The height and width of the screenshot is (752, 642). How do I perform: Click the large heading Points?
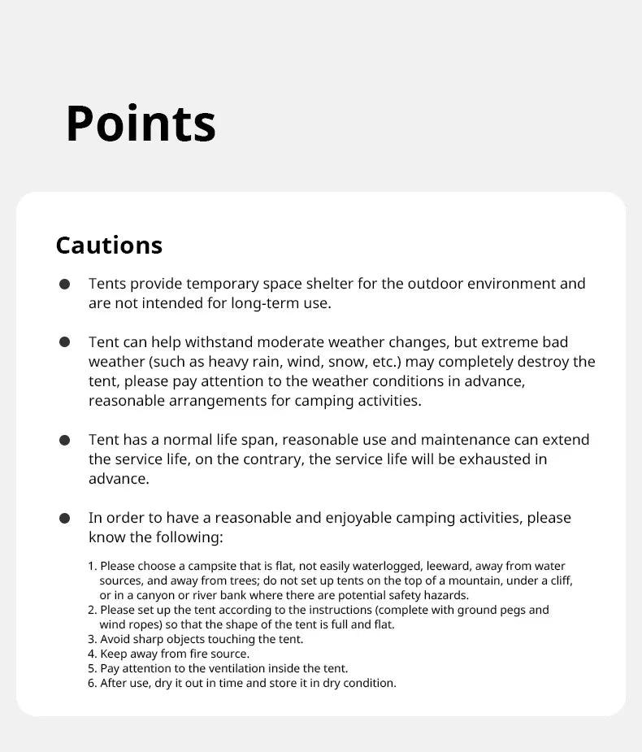[141, 124]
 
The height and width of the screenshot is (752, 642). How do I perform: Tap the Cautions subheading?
[109, 245]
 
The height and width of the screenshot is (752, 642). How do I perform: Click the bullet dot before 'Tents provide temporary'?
[64, 284]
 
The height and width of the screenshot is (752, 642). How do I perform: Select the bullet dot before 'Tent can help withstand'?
[64, 342]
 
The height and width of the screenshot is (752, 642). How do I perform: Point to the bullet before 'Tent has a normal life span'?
[64, 440]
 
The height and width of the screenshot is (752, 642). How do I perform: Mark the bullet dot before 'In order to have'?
[64, 518]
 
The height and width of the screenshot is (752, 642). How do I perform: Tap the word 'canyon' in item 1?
[150, 595]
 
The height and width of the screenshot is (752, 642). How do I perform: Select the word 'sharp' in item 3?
[156, 639]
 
